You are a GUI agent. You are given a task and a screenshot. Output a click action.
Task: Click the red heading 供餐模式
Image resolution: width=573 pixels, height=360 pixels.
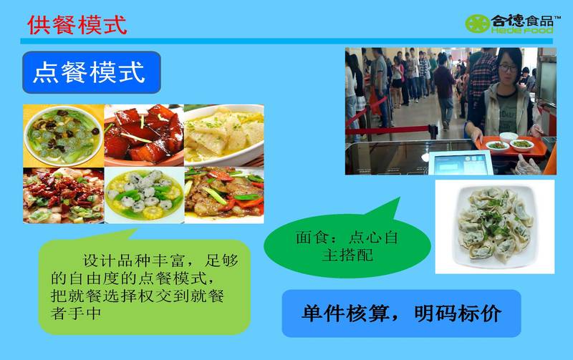tap(77, 25)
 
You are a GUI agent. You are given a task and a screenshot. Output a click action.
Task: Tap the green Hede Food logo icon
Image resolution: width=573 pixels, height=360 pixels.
tap(477, 24)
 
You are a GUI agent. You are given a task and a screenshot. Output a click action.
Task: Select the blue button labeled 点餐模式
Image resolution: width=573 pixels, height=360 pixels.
tap(92, 72)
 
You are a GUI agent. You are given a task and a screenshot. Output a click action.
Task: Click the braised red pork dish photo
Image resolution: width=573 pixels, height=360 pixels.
tap(144, 135)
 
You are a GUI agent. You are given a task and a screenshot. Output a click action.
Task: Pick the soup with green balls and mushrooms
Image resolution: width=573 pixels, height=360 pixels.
tap(64, 136)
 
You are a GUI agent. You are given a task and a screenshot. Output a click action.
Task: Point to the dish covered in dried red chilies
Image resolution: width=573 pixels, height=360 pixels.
tap(64, 195)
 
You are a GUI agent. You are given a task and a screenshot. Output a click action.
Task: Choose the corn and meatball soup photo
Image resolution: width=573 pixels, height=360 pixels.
tap(145, 195)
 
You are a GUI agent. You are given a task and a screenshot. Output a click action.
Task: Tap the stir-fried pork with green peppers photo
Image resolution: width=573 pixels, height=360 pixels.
tap(224, 195)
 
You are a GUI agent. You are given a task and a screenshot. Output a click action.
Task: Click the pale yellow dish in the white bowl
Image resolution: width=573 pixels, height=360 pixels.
tap(224, 135)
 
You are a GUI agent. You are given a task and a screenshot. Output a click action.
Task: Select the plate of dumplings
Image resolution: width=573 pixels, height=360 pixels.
tap(494, 227)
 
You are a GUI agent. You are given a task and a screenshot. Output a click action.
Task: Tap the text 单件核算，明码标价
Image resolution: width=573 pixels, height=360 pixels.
tap(401, 313)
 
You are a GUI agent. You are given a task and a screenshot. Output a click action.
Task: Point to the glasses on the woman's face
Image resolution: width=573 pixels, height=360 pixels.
tap(508, 67)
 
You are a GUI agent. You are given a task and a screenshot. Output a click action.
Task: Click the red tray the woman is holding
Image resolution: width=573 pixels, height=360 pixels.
tap(511, 147)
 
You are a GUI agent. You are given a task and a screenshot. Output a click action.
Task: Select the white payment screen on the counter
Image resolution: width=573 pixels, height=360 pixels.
tap(461, 164)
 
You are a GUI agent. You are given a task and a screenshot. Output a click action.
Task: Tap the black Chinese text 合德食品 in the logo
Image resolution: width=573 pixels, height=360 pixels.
tap(522, 21)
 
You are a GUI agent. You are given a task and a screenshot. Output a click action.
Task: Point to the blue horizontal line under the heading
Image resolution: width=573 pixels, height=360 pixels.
tap(286, 41)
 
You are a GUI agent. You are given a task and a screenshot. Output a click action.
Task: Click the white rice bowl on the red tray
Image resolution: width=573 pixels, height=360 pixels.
tap(509, 137)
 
